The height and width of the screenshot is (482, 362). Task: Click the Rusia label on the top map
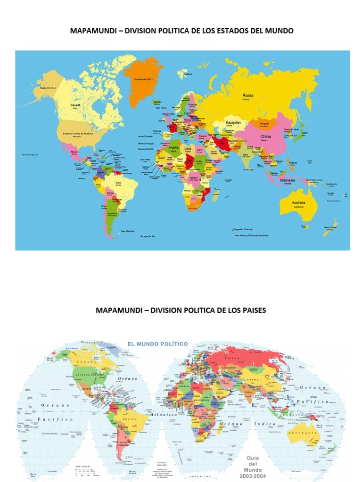tap(248, 95)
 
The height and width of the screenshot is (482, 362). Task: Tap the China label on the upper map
tap(266, 137)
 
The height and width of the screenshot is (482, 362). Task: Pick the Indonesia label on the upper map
tap(288, 180)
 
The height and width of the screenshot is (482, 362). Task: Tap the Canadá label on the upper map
tap(75, 105)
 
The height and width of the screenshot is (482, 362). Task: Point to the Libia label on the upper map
tap(188, 148)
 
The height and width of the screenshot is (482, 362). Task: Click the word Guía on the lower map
tap(256, 457)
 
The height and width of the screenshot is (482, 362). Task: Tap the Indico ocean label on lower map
tap(265, 424)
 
